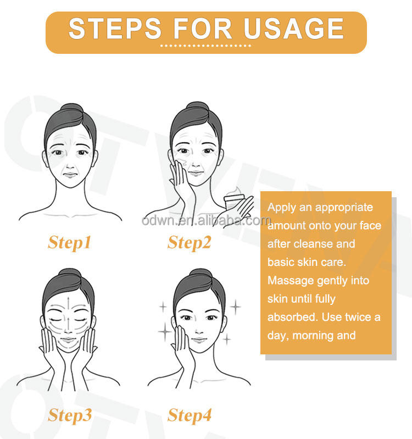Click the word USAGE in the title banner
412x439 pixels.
pos(293,29)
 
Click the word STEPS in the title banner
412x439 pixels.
pos(115,29)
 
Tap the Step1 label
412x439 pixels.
pos(70,243)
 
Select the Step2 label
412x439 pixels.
pos(189,243)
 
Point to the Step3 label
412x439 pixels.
pos(70,415)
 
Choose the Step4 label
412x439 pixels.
pos(190,415)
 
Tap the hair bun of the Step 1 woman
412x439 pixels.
pos(72,109)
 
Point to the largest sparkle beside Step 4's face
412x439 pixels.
pos(165,332)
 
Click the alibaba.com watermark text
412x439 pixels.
pos(207,221)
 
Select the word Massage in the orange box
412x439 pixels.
pos(291,281)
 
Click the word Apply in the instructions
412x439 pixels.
pos(282,208)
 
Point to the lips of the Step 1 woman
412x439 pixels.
pos(70,175)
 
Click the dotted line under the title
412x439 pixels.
pos(205,46)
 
